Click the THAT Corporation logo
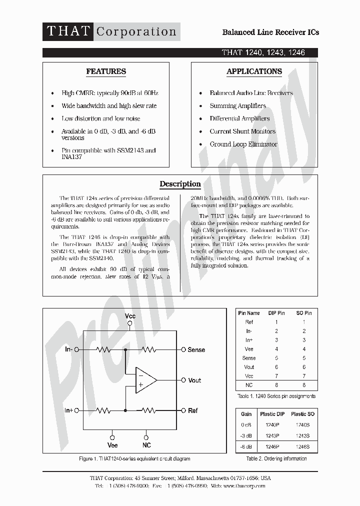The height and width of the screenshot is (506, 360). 111,31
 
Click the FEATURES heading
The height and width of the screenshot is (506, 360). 106,71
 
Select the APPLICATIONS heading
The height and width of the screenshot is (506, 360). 254,71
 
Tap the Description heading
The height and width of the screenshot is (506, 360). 180,184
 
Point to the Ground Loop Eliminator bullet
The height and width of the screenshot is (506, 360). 243,144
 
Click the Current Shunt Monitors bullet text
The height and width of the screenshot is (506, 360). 242,131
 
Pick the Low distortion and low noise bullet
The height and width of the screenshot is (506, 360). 100,118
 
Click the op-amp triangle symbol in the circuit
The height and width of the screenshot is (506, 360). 145,380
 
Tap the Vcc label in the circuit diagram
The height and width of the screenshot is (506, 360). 130,316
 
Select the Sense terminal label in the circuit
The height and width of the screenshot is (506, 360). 196,350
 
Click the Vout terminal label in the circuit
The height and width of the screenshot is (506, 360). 194,380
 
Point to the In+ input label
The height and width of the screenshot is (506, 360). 69,410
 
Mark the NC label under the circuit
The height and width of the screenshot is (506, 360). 146,445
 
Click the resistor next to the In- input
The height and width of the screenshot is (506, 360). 103,350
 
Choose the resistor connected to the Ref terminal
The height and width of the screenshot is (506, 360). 148,410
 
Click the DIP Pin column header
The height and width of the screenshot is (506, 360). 276,313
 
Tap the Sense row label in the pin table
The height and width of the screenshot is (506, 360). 249,358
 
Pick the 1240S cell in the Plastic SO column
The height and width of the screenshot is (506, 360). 303,424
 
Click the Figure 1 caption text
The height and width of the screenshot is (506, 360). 134,458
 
